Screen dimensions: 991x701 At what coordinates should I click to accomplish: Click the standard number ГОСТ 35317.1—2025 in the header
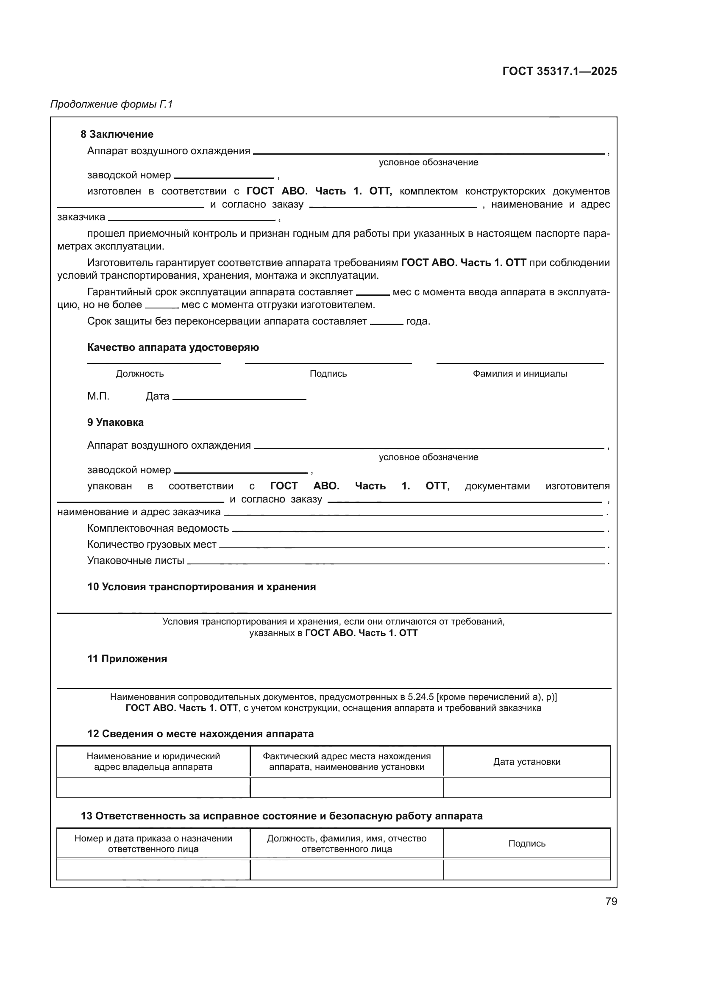(559, 71)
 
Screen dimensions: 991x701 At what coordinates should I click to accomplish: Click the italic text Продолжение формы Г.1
(111, 104)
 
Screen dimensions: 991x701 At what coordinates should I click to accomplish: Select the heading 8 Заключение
(117, 134)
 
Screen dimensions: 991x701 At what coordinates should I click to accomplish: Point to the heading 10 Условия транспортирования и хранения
(202, 586)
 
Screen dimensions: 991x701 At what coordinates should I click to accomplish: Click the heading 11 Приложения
(127, 659)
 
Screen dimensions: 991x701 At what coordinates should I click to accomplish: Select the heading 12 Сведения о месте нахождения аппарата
(200, 733)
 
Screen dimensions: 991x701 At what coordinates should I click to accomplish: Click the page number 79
(611, 901)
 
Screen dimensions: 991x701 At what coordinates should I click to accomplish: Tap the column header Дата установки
(527, 761)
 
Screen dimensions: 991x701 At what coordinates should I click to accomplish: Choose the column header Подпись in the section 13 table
(527, 843)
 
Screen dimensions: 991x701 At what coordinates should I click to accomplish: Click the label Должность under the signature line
(140, 373)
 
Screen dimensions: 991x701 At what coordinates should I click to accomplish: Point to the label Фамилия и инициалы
(520, 373)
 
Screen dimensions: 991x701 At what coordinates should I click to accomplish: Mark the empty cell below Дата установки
(527, 787)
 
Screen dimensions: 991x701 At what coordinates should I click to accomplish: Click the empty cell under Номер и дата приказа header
(153, 869)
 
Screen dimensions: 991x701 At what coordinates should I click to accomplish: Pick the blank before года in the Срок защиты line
(387, 323)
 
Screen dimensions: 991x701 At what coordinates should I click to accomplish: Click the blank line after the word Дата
(239, 398)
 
